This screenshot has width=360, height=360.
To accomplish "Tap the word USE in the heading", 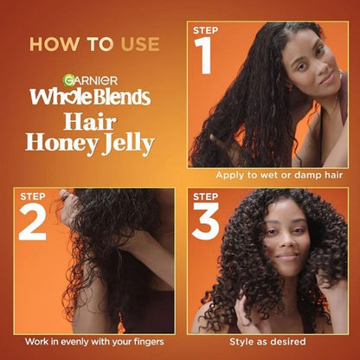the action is coord(140,44).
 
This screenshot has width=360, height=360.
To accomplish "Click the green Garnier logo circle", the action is coord(68,80).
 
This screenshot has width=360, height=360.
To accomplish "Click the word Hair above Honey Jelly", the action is coord(90,122).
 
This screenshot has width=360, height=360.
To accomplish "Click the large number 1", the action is coord(203,55).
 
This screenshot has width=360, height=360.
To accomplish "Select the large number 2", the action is coord(33,222).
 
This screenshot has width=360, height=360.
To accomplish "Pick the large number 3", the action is coord(206,222).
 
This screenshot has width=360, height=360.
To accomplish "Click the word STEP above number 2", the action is coord(33,196).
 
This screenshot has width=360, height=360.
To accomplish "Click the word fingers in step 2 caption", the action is coord(149,342).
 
